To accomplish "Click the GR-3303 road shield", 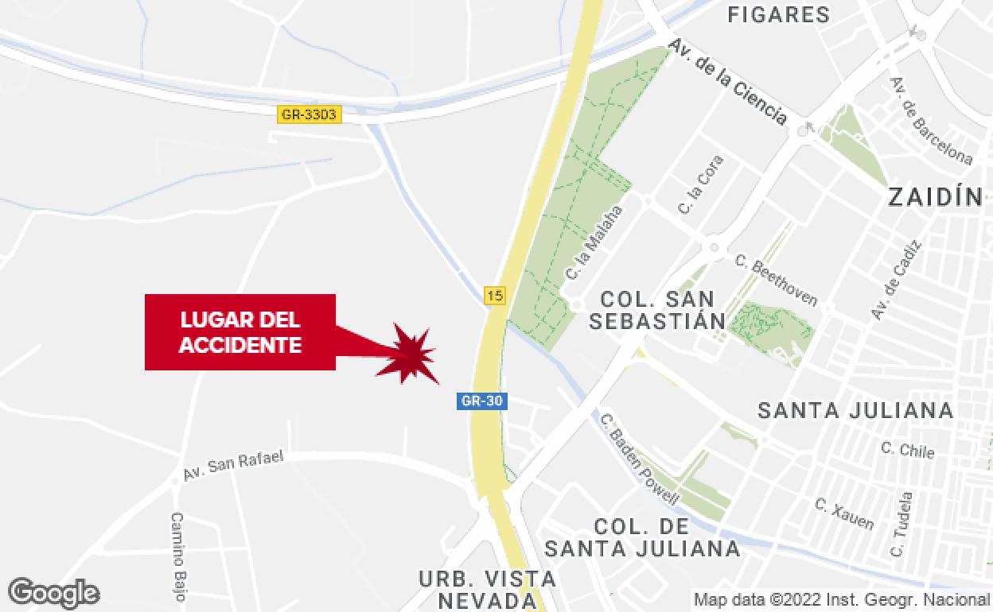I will point(310,114).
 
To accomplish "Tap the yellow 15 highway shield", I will point(495,296).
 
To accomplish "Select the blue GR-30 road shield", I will point(482,401).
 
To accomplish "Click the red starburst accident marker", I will point(412,354).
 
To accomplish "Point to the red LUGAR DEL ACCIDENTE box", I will point(239,332).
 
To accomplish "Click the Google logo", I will point(53,593).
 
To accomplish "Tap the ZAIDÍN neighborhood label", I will point(936,197).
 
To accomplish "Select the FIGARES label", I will point(779,14).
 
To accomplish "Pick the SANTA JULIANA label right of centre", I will point(855,410).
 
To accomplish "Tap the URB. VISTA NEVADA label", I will point(487,589).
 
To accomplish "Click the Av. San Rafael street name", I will point(233,465).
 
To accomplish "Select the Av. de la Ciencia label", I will point(729,82).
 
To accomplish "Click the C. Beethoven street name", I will point(777,280).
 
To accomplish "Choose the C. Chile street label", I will point(907,449).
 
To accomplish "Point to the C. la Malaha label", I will point(594,242).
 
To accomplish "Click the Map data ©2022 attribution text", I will point(841,599).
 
